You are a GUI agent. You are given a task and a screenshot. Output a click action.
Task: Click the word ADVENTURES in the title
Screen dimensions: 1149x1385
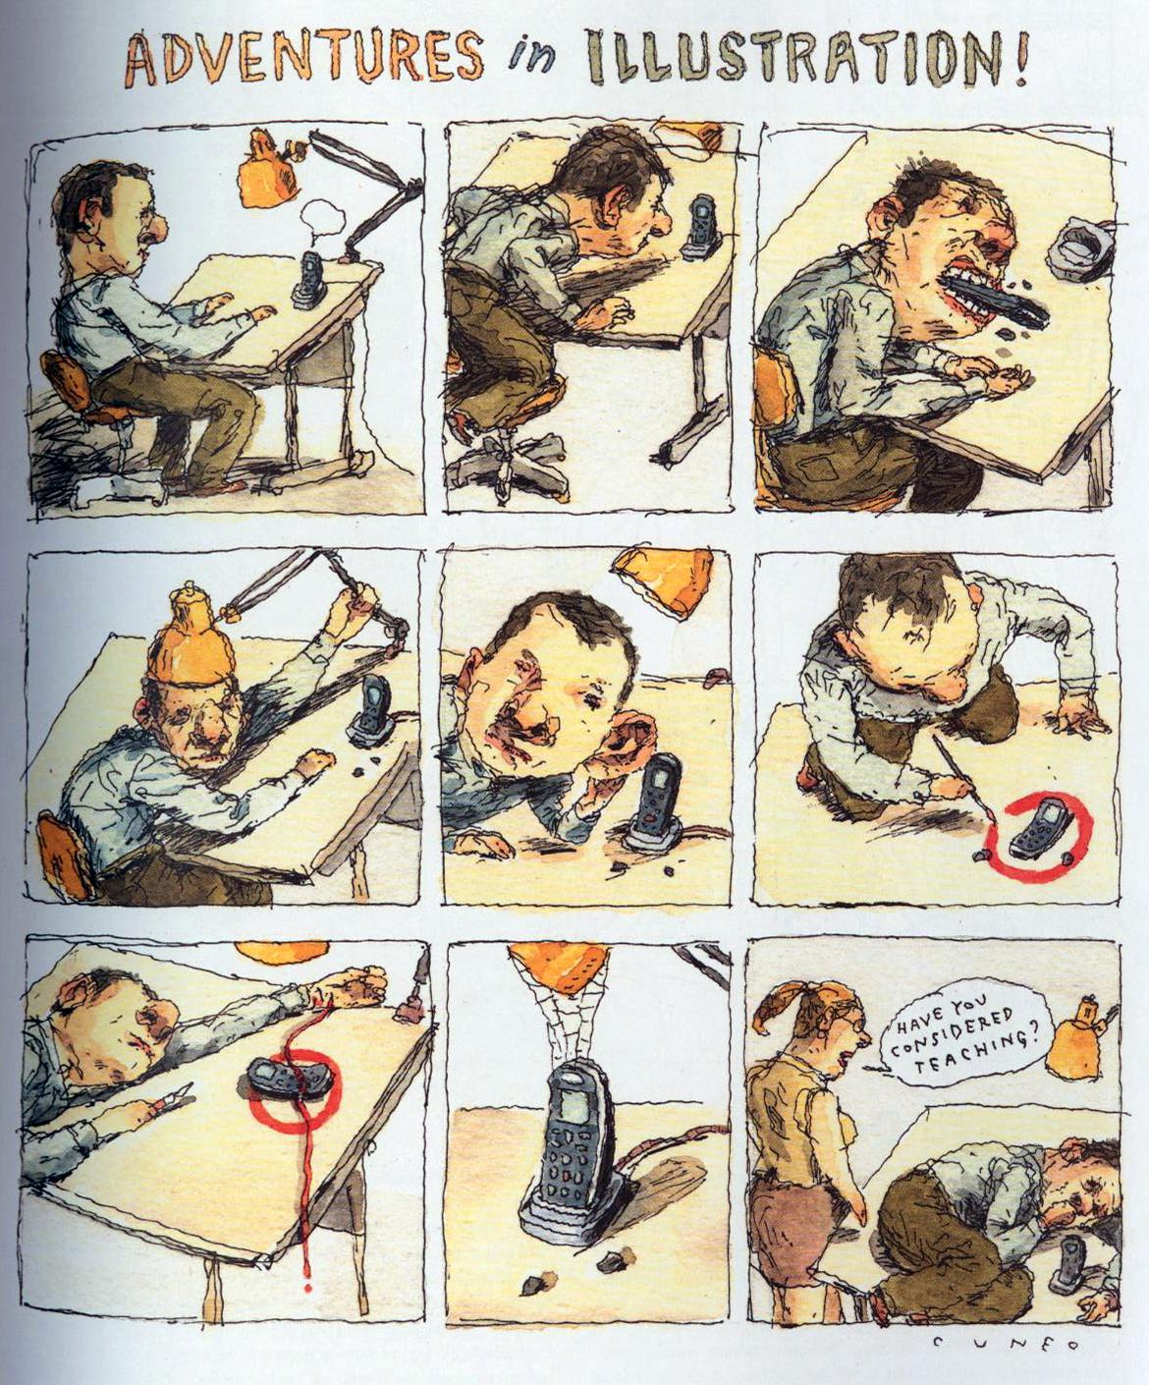tap(306, 62)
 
